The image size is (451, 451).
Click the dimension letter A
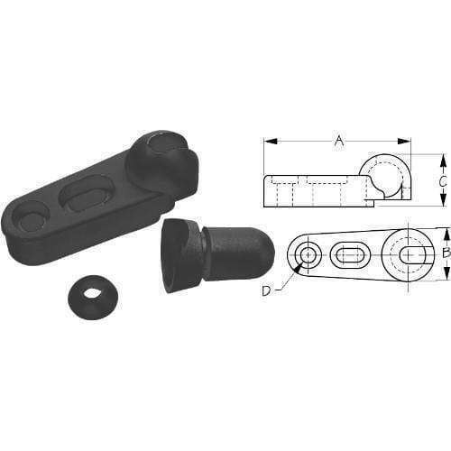pos(338,140)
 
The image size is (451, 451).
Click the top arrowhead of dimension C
pos(442,158)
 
